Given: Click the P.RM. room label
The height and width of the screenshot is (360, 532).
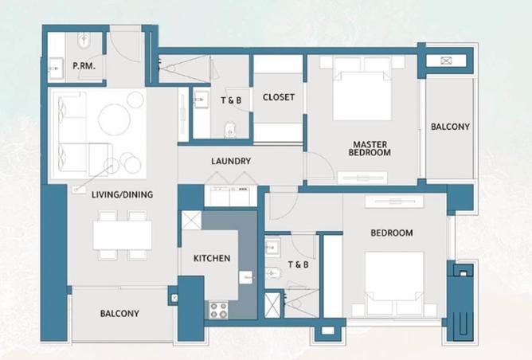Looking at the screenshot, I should tap(84, 67).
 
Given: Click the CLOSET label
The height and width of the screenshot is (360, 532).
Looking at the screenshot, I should tap(278, 97).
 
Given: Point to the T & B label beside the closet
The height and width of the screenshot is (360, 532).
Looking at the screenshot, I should tap(231, 100).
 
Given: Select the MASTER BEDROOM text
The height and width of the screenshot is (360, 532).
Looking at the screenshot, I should tap(371, 148).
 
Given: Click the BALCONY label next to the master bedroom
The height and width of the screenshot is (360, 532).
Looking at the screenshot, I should tap(450, 127).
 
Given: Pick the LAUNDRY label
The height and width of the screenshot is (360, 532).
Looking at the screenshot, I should tap(231, 161).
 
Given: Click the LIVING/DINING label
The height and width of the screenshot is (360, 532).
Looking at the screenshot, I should tap(122, 194).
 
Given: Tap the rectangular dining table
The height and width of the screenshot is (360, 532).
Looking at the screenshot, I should tap(122, 235).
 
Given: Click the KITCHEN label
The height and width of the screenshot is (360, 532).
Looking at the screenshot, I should tap(212, 258).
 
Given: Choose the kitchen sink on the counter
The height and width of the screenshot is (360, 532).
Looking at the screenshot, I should tap(246, 277).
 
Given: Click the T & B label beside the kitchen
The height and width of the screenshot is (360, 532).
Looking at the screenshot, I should tap(297, 264).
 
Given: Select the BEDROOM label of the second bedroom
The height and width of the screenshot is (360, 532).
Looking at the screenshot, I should tap(392, 233).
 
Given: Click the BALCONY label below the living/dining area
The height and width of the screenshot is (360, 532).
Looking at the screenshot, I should tap(119, 314).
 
